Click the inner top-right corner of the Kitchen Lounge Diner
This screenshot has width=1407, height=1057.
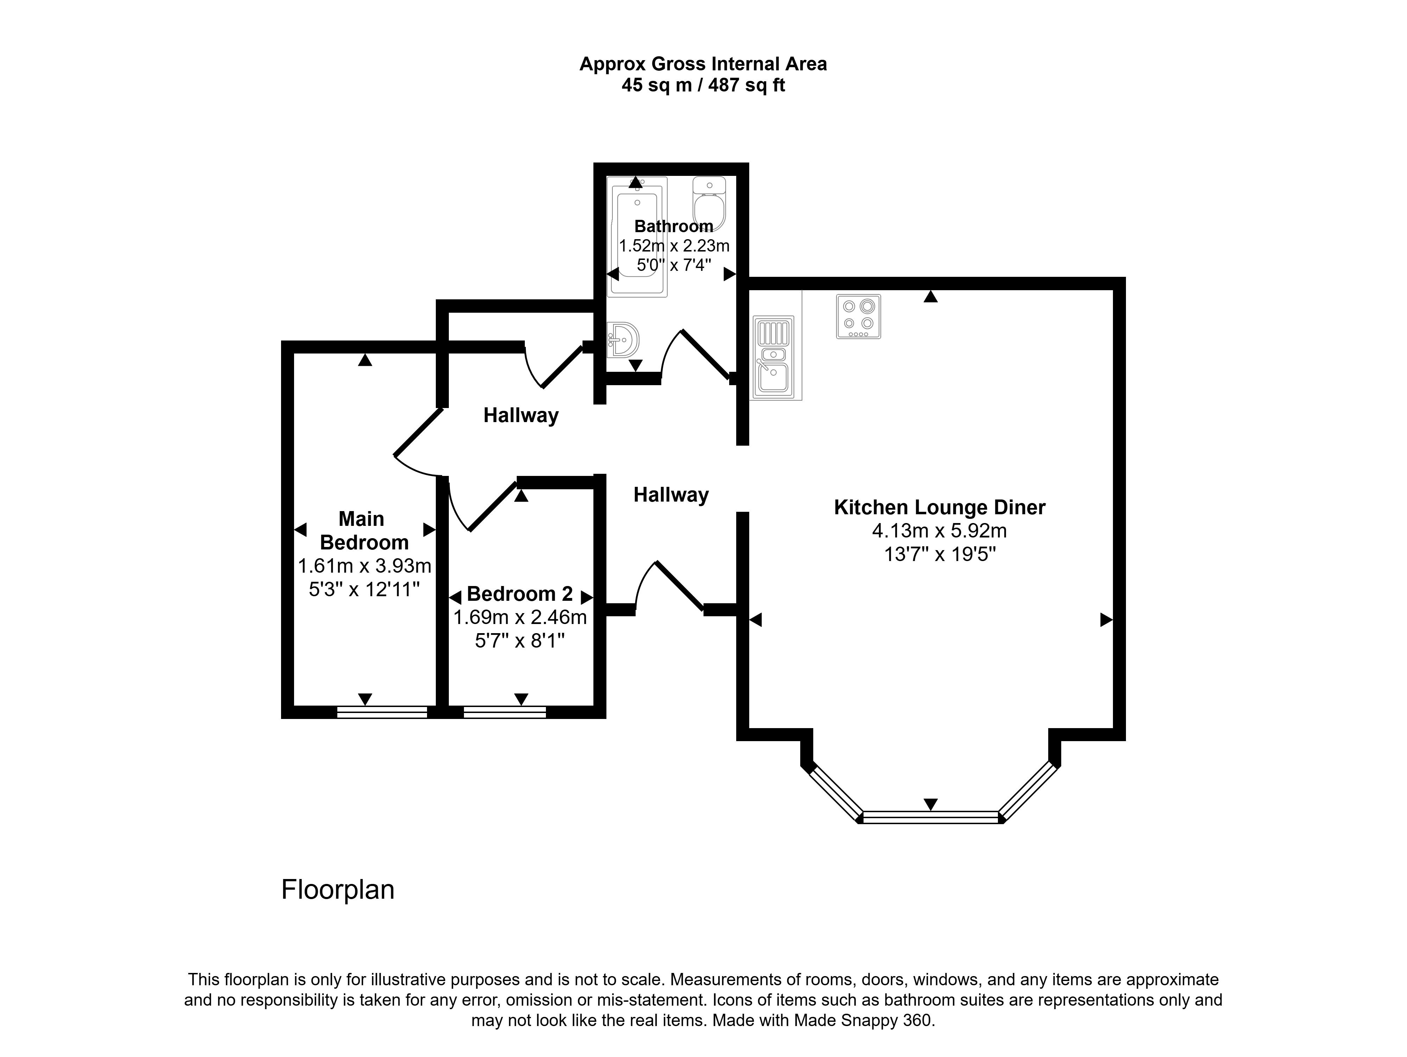pyautogui.click(x=1113, y=289)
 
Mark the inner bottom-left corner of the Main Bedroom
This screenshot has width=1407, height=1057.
pyautogui.click(x=294, y=706)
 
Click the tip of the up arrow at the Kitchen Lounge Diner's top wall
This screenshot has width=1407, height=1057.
pyautogui.click(x=931, y=291)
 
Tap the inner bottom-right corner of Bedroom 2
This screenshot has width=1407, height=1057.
pyautogui.click(x=593, y=706)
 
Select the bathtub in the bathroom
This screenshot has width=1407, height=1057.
pyautogui.click(x=637, y=237)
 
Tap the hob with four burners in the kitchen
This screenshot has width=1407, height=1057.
pyautogui.click(x=858, y=316)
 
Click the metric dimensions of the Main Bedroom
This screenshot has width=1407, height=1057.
pyautogui.click(x=364, y=565)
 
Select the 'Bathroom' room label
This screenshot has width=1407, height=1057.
pyautogui.click(x=674, y=227)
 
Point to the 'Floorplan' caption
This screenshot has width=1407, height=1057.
pyautogui.click(x=338, y=890)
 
